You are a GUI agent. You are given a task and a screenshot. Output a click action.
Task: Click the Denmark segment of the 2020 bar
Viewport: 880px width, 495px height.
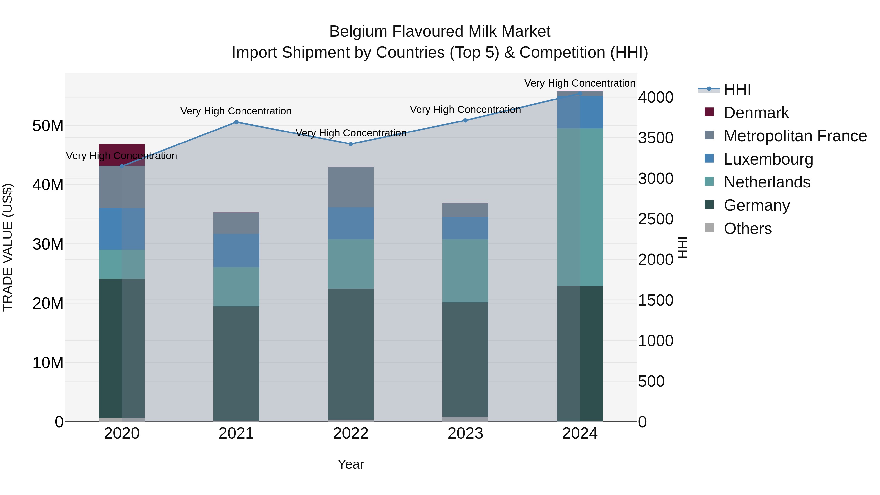[x=122, y=155]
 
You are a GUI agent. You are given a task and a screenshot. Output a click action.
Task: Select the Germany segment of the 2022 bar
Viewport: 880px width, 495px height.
[x=351, y=353]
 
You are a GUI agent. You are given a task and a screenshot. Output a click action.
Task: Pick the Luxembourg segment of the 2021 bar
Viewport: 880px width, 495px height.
[x=236, y=250]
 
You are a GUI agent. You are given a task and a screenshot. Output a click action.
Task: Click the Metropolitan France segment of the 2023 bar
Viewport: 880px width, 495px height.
[x=465, y=210]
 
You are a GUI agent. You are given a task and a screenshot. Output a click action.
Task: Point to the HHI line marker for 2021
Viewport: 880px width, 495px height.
[x=236, y=122]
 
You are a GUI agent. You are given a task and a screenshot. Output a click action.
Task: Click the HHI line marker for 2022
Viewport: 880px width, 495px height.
[x=351, y=144]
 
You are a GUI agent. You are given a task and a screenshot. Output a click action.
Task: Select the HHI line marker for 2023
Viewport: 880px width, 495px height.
[x=465, y=120]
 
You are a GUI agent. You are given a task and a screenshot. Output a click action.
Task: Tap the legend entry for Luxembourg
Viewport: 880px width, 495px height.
[x=768, y=159]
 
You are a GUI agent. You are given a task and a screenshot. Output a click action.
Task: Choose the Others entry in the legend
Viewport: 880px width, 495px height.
[x=748, y=229]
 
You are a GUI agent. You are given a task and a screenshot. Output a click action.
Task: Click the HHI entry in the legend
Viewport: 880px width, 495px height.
[x=737, y=89]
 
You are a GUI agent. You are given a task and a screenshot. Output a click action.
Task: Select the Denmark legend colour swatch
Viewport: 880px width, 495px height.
[x=709, y=112]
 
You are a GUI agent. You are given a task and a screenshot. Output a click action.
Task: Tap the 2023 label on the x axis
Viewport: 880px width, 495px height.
[x=465, y=433]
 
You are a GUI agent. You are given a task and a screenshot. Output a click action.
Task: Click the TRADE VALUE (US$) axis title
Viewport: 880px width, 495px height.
[x=8, y=247]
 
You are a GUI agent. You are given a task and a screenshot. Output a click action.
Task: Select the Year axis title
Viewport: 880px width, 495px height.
[x=351, y=464]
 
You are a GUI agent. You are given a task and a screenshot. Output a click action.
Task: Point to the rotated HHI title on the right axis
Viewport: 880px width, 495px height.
[x=682, y=247]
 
